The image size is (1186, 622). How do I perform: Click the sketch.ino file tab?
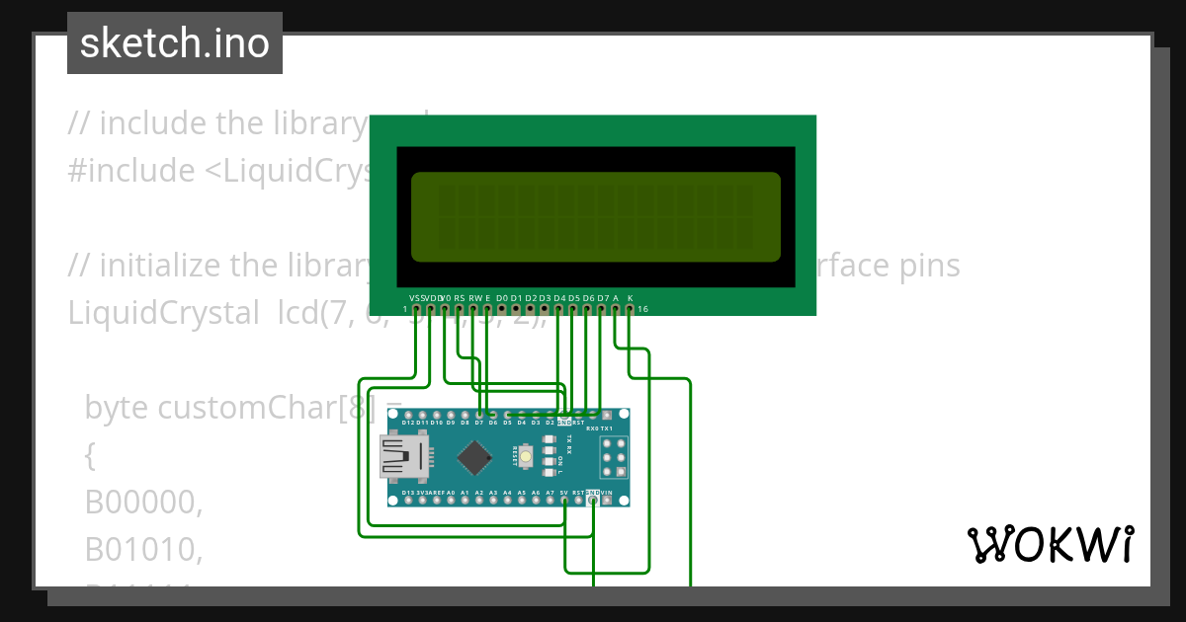(x=175, y=43)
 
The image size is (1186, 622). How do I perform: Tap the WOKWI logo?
(x=1050, y=544)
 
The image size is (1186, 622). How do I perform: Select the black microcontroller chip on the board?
(x=476, y=457)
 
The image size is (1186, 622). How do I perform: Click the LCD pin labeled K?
(x=630, y=309)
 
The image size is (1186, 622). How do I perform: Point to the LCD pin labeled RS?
(x=460, y=309)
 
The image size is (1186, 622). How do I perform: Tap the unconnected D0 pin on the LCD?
(x=502, y=309)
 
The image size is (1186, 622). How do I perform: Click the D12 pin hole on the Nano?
(x=408, y=416)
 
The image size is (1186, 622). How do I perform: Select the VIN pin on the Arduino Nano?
(x=621, y=501)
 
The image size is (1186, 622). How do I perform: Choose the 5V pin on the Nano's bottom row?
(x=564, y=501)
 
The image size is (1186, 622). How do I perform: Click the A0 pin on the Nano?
(x=451, y=501)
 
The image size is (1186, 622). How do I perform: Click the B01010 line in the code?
(x=144, y=550)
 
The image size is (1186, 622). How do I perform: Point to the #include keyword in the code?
(x=131, y=171)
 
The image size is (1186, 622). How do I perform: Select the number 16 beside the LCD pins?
(x=642, y=309)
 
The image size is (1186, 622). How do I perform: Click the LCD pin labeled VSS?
(x=416, y=309)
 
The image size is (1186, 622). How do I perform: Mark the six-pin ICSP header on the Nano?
(x=613, y=458)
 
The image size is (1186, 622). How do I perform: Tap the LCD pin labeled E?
(x=487, y=309)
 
